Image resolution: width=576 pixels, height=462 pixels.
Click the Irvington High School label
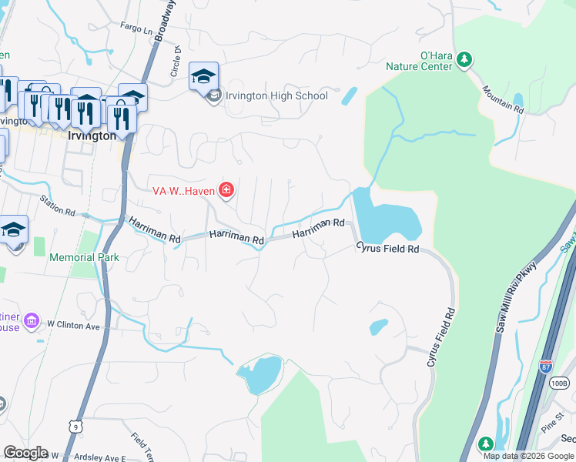276,96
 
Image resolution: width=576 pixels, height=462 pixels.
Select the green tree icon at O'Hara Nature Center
464,59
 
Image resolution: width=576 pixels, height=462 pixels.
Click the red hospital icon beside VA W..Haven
226,189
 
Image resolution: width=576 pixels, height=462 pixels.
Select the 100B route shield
559,383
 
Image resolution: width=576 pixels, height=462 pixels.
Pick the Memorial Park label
85,257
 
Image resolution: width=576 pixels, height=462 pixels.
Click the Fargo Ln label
136,28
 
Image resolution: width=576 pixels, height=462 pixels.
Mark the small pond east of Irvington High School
349,95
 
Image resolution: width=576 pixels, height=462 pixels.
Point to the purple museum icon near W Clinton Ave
32,320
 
